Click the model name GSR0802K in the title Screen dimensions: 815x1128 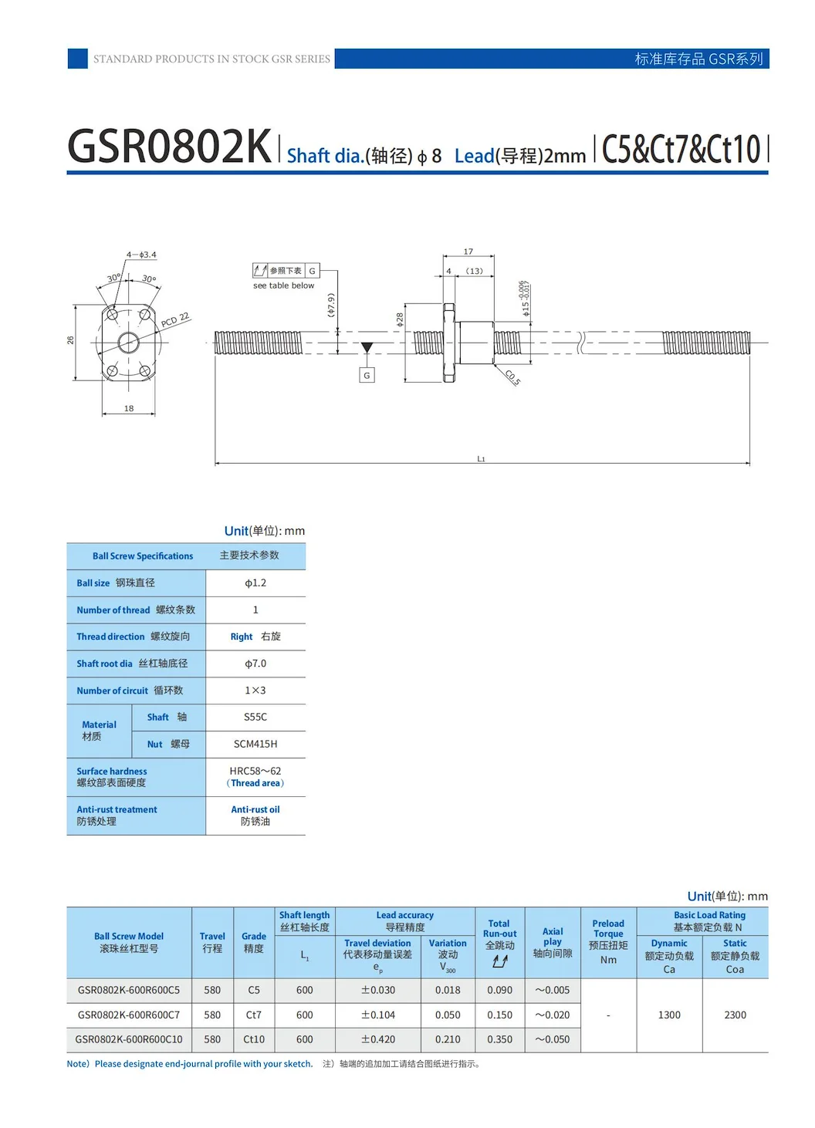pos(169,147)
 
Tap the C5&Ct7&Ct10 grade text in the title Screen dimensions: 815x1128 pos(681,149)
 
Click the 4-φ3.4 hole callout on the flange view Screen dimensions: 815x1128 pos(142,255)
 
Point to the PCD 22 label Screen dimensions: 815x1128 pos(175,319)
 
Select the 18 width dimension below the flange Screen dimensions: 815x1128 pos(129,408)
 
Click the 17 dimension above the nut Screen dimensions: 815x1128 pos(468,252)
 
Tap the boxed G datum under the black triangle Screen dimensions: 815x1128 pos(367,375)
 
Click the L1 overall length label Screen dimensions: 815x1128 pos(481,459)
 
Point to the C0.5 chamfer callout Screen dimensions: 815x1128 pos(512,377)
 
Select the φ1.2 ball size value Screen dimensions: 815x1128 pos(255,583)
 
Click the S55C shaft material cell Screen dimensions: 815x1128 pos(255,717)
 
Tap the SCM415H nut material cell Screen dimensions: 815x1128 pos(255,744)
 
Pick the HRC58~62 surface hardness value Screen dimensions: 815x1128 pos(255,771)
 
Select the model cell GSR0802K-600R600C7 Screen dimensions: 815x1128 pos(129,1015)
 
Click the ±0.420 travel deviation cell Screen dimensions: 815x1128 pos(378,1039)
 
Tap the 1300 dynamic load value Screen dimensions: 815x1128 pos(669,1015)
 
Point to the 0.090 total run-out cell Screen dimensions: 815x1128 pos(499,990)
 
